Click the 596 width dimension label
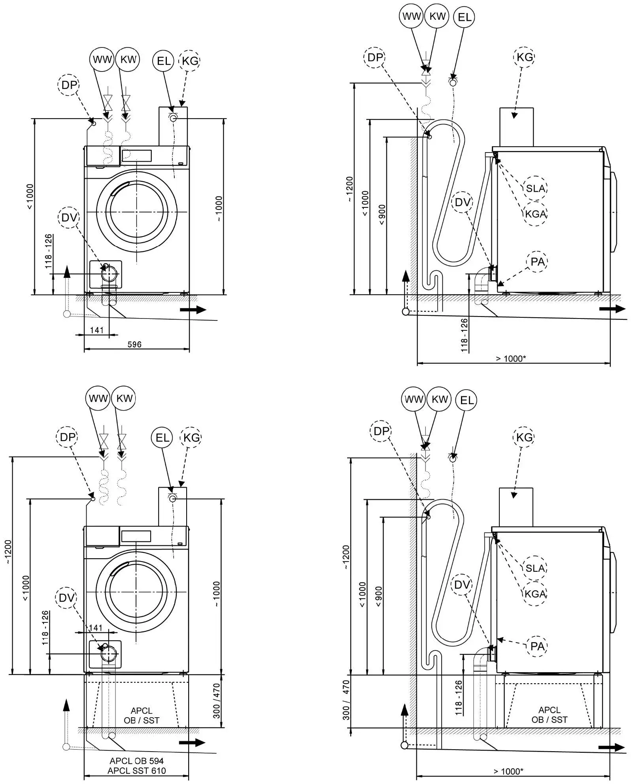[x=134, y=344]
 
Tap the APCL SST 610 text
[x=137, y=770]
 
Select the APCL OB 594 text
[x=137, y=761]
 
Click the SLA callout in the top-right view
[x=535, y=188]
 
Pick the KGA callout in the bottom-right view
[x=535, y=594]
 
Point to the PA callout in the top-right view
[x=537, y=262]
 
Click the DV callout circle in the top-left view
[x=69, y=218]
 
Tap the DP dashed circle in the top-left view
[x=69, y=85]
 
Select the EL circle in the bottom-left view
[x=162, y=437]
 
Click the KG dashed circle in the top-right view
[x=525, y=57]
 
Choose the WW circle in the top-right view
[x=411, y=17]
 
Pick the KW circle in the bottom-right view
[x=439, y=399]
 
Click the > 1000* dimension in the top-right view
[x=511, y=358]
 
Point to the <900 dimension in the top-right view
[x=382, y=215]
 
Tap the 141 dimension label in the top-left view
[x=97, y=330]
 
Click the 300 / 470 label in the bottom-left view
[x=216, y=701]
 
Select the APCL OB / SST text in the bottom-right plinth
[x=550, y=715]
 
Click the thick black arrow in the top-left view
[x=193, y=310]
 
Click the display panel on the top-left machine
[x=137, y=155]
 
